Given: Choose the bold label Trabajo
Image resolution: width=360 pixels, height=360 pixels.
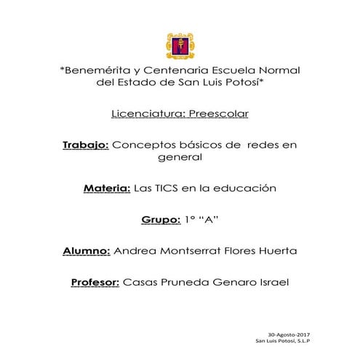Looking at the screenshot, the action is pyautogui.click(x=86, y=145).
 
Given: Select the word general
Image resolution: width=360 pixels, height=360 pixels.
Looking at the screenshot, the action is pyautogui.click(x=180, y=157).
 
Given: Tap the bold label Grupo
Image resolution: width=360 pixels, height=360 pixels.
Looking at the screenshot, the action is pyautogui.click(x=159, y=219).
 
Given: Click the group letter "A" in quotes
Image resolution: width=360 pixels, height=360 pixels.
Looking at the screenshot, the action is pyautogui.click(x=209, y=219).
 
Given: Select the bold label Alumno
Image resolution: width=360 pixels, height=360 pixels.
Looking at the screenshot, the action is pyautogui.click(x=87, y=250).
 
